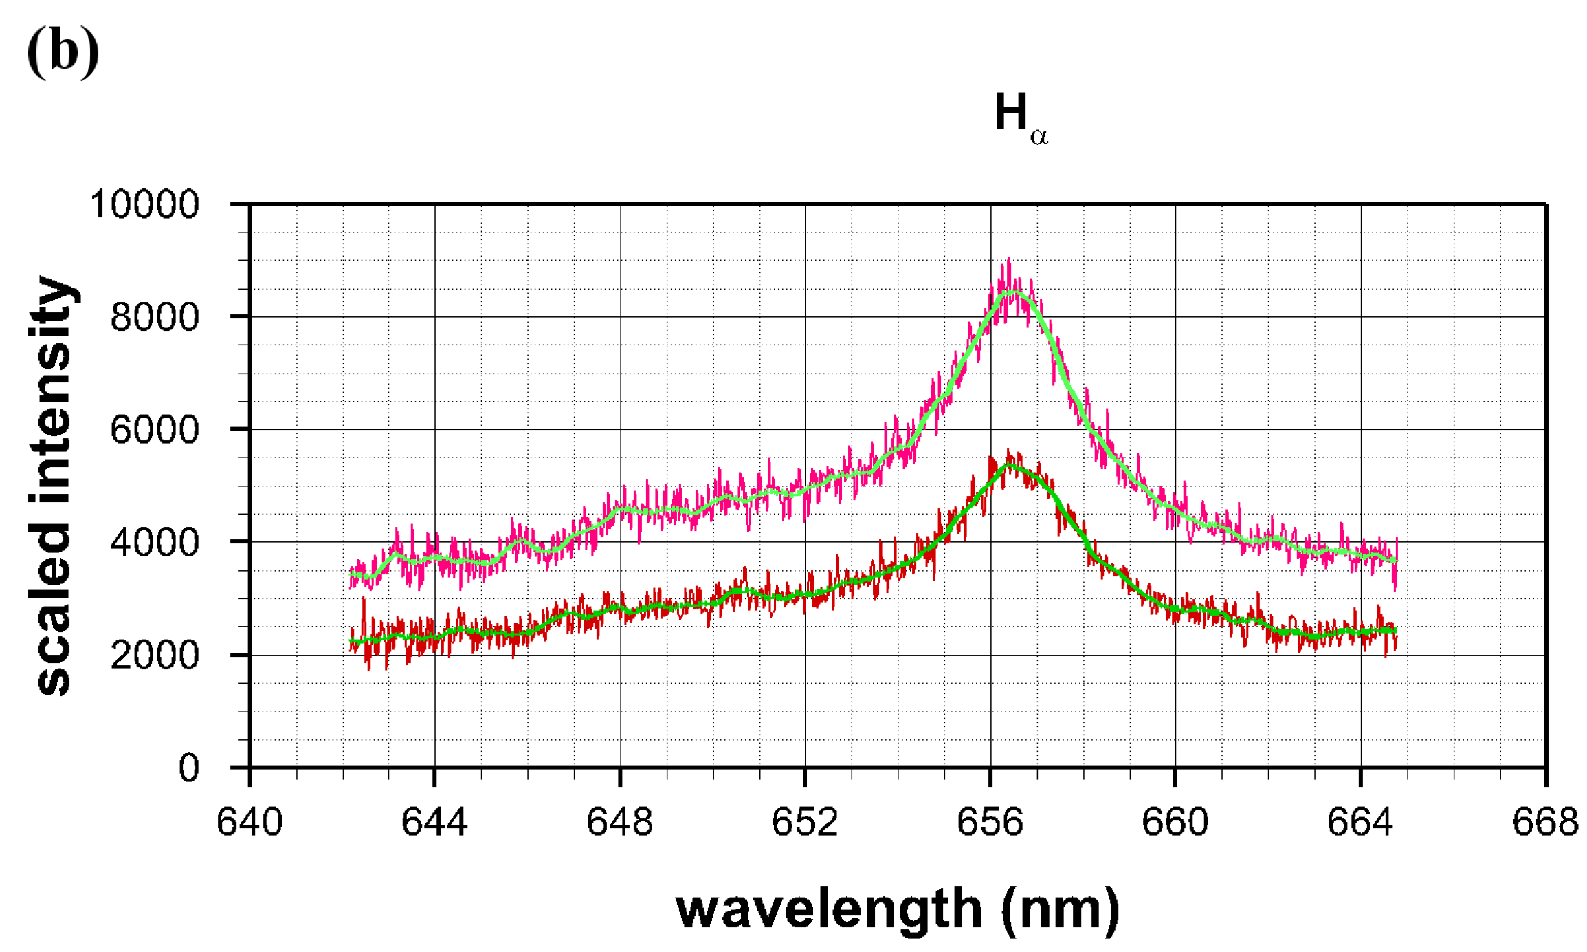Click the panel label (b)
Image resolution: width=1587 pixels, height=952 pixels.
pyautogui.click(x=63, y=52)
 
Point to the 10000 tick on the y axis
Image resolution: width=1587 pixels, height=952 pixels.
pyautogui.click(x=144, y=204)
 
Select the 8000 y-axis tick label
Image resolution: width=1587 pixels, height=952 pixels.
pyautogui.click(x=154, y=317)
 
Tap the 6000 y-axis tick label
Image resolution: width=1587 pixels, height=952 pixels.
pyautogui.click(x=154, y=430)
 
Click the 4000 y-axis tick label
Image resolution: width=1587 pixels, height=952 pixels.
pyautogui.click(x=154, y=543)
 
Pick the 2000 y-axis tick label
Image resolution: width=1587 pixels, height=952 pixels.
pyautogui.click(x=154, y=655)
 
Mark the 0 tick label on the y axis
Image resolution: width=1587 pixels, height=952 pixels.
pyautogui.click(x=188, y=767)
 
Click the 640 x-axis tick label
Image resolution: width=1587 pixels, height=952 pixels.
pyautogui.click(x=249, y=822)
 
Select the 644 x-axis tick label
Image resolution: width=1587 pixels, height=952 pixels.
pyautogui.click(x=434, y=822)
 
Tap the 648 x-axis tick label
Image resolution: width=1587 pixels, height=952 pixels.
pyautogui.click(x=619, y=822)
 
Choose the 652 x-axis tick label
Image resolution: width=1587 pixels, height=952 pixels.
pyautogui.click(x=805, y=822)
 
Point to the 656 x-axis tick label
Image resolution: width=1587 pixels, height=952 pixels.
pyautogui.click(x=990, y=822)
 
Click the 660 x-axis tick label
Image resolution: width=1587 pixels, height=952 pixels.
pyautogui.click(x=1175, y=822)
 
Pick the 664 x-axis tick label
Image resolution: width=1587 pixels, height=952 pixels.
pyautogui.click(x=1360, y=822)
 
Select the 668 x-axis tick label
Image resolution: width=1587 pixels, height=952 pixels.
pyautogui.click(x=1544, y=822)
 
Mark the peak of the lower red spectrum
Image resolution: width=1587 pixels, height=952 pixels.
pyautogui.click(x=1009, y=453)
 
